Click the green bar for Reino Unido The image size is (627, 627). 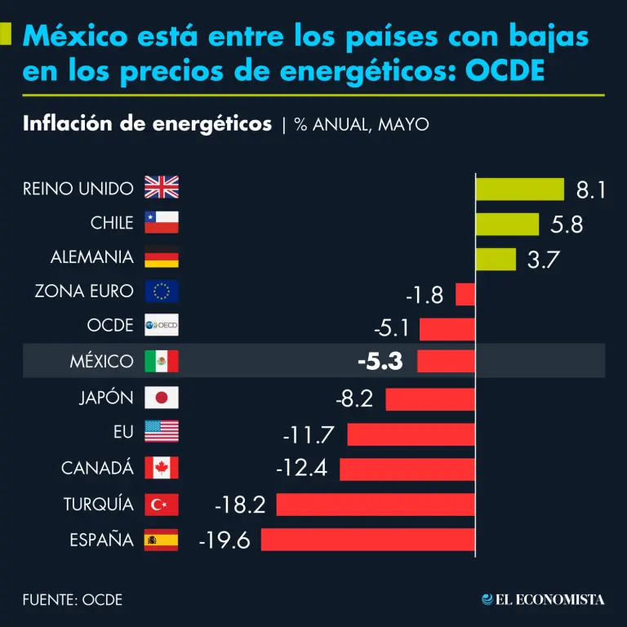tap(520, 189)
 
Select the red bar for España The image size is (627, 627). tap(367, 540)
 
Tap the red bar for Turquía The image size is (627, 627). tap(376, 505)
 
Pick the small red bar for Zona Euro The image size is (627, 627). tap(465, 293)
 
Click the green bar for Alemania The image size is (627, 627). tap(496, 259)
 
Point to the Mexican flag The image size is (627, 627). tap(161, 362)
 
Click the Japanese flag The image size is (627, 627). tap(161, 398)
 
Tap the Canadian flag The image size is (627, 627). tap(161, 468)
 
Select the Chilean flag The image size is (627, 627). tap(161, 223)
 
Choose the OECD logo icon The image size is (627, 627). tap(161, 326)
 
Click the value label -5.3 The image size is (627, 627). tap(380, 362)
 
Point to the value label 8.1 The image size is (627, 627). tap(590, 190)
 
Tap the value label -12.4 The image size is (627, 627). tap(301, 469)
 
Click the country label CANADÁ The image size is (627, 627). tap(97, 469)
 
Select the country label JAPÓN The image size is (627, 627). tap(106, 398)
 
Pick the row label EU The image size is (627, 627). tap(123, 433)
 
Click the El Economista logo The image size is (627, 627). tap(543, 600)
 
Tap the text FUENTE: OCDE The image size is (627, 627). tap(73, 600)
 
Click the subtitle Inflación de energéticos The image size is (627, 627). tap(148, 124)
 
